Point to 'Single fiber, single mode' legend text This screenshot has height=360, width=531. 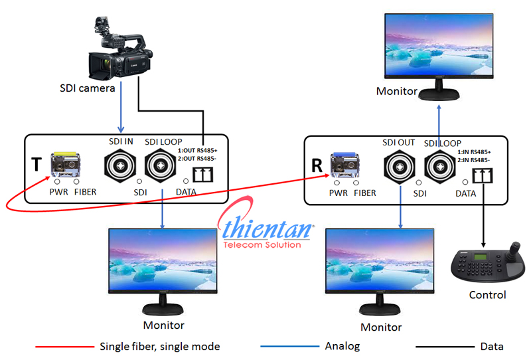pyautogui.click(x=159, y=346)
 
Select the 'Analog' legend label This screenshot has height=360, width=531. pyautogui.click(x=342, y=346)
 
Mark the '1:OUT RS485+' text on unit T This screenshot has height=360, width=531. pyautogui.click(x=197, y=150)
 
